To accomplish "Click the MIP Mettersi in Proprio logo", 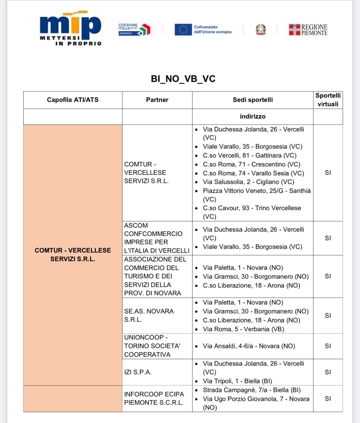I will point(70,29).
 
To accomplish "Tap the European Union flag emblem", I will point(183,30).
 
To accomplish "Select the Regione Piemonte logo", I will point(308,30).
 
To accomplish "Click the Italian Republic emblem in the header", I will point(261,30).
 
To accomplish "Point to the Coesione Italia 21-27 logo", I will point(134,30).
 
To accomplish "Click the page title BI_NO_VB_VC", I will point(183,79).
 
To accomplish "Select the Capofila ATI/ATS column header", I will point(73,100).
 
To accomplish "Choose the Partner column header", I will point(157,100).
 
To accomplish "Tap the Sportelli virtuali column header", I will point(328,100).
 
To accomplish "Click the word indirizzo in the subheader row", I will point(253,117).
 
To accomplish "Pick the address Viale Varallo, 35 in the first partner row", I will point(252,147).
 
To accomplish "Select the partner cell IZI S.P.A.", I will point(138,372).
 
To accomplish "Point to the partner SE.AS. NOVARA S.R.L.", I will point(149,315).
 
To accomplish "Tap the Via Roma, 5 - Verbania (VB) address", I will point(243,329).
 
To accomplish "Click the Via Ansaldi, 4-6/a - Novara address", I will point(249,346).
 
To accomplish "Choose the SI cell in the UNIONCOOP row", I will point(328,346).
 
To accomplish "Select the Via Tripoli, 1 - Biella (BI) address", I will point(237,381).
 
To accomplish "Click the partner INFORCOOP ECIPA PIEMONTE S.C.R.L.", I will point(154,398).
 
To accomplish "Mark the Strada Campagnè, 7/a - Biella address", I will point(251,390).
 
